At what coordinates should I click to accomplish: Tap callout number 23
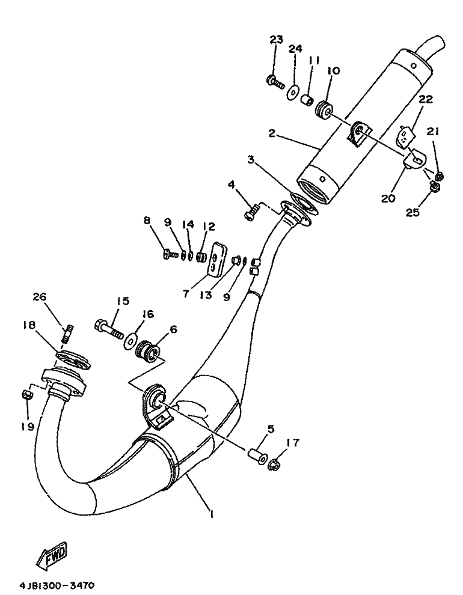275,40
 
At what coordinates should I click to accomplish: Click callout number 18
29,325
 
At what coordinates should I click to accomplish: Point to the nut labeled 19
26,394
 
